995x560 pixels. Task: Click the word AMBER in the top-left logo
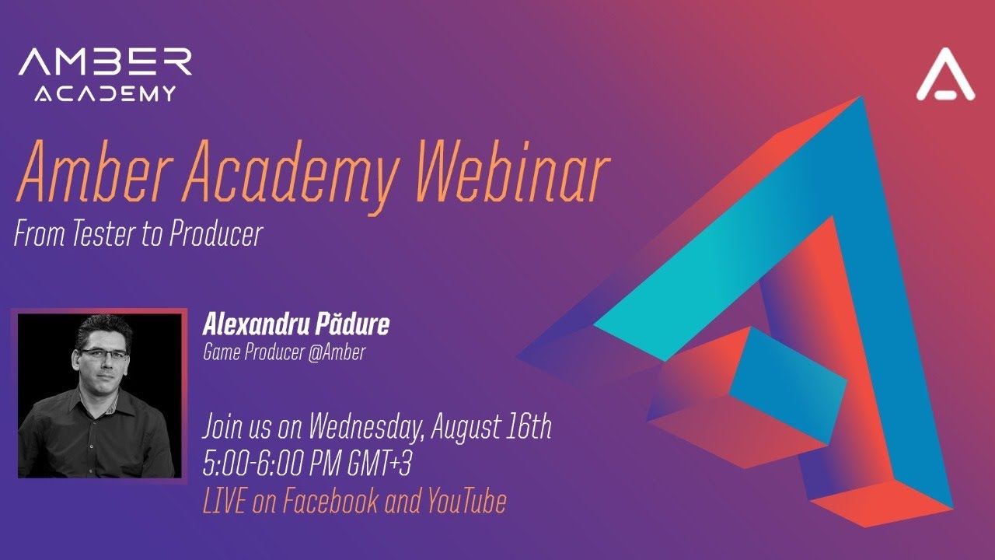105,62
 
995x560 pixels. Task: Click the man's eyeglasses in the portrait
103,355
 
